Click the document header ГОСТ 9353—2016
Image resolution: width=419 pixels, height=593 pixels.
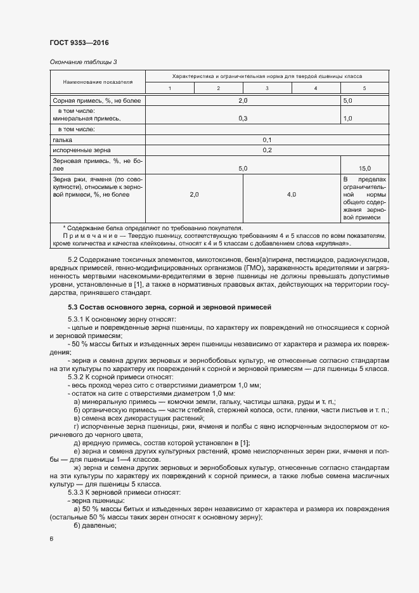click(79, 42)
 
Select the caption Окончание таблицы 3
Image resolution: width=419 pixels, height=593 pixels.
click(83, 62)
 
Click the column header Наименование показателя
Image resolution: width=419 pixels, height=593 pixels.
click(98, 82)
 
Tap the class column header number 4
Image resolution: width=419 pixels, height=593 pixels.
click(315, 88)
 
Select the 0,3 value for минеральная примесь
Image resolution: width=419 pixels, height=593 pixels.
click(242, 118)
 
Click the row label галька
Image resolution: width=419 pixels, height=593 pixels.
click(62, 140)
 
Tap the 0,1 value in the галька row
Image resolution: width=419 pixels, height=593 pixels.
click(267, 140)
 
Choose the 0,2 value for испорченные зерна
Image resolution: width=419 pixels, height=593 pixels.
click(267, 150)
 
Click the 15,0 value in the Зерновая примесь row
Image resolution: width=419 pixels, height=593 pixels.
click(364, 169)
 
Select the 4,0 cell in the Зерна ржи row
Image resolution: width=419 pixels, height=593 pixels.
click(291, 195)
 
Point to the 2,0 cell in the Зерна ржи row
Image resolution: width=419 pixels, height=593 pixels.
click(194, 195)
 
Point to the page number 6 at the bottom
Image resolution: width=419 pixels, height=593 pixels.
click(51, 539)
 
